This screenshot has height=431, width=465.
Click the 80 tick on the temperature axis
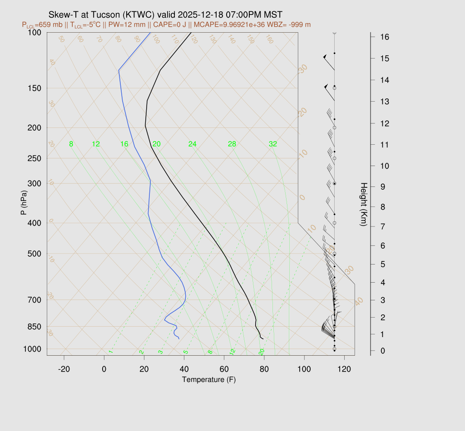point(264,369)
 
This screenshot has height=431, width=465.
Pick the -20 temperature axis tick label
point(64,369)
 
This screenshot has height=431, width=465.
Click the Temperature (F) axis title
point(209,379)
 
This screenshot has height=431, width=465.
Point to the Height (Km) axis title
point(364,205)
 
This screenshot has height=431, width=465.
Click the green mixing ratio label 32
point(272,144)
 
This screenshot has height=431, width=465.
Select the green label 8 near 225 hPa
point(71,144)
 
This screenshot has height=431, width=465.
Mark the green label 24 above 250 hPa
point(193,144)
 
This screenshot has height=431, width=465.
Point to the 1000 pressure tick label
point(32,349)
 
